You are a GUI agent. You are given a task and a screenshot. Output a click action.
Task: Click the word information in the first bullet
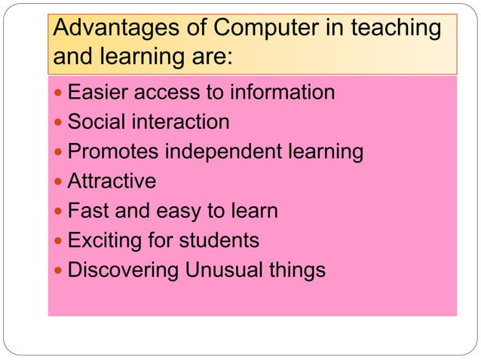tap(282, 93)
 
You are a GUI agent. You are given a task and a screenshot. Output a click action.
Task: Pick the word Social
tap(97, 122)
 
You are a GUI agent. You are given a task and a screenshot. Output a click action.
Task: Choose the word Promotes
tap(113, 151)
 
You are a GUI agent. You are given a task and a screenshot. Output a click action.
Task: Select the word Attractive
tap(112, 182)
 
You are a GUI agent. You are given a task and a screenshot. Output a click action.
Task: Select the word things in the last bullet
tap(300, 270)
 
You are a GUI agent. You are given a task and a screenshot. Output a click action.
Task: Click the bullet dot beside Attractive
tap(60, 182)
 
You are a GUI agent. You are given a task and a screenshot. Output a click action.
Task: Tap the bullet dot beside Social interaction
tap(60, 123)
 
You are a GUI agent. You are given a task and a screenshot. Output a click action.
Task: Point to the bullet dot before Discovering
tap(60, 270)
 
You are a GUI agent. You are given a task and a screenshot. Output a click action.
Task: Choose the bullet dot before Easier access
tap(60, 93)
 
